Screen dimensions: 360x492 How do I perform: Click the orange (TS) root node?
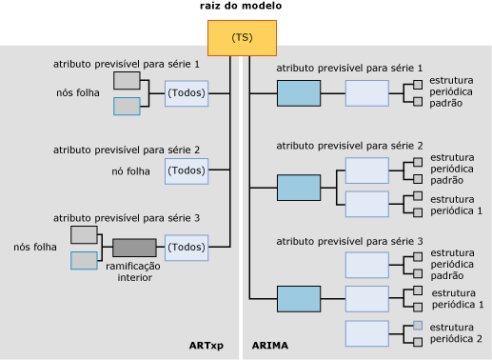(242, 37)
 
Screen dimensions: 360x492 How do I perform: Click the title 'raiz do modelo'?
(241, 7)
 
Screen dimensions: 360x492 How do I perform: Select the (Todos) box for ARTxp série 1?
(186, 93)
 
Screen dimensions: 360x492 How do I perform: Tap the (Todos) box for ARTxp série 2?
(186, 170)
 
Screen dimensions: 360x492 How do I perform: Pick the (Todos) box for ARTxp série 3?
(186, 248)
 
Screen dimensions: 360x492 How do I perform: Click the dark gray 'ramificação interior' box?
(134, 248)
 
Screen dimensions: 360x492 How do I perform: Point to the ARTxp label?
(207, 344)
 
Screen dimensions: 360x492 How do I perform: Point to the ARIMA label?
(269, 344)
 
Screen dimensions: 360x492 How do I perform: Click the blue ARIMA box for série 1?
(299, 93)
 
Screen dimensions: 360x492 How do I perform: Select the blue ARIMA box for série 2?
(299, 187)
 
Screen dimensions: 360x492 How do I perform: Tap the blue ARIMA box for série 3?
(299, 299)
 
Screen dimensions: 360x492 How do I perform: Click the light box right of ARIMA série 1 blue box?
(366, 93)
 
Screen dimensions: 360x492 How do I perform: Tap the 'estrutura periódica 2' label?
(456, 332)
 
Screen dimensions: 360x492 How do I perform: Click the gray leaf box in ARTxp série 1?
(127, 80)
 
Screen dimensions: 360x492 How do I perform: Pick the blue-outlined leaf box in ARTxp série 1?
(127, 106)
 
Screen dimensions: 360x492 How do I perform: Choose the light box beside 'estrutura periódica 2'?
(366, 332)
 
